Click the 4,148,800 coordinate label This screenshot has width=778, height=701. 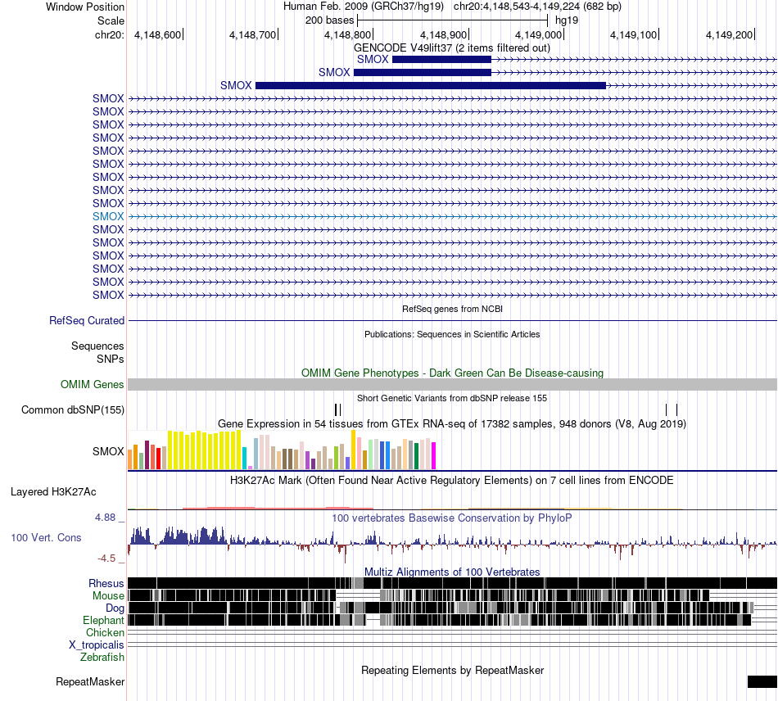[347, 34]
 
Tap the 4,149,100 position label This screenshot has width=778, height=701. [633, 34]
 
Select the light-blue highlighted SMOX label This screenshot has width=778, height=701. [108, 216]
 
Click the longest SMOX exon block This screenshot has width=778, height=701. [431, 85]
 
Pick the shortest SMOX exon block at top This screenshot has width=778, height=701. [441, 60]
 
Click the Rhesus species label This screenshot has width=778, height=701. [106, 583]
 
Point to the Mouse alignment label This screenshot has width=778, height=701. [108, 596]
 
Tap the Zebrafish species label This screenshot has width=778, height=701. [102, 658]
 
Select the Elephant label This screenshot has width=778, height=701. [103, 620]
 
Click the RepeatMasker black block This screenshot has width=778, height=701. [762, 681]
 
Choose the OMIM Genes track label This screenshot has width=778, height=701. [93, 384]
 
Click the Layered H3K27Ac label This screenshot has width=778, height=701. [53, 491]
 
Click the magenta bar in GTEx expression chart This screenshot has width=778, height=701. [434, 455]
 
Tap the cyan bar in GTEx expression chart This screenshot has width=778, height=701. [245, 458]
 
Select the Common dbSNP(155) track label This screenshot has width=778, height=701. [73, 409]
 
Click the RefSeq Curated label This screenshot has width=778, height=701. [87, 320]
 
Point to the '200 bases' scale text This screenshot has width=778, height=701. [329, 20]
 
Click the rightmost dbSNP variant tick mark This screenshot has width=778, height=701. [676, 409]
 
